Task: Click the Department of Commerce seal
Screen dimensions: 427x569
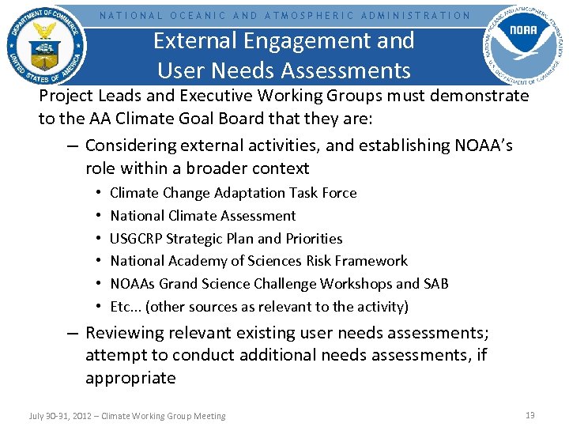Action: [46, 45]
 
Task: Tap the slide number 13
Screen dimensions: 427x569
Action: [530, 415]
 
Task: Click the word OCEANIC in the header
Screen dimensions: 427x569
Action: [198, 15]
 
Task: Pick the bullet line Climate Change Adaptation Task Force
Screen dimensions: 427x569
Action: [233, 193]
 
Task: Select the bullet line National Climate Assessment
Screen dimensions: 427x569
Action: [203, 216]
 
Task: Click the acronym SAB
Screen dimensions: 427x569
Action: [435, 284]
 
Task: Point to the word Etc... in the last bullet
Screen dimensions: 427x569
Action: [125, 307]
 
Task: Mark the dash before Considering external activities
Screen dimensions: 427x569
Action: [73, 146]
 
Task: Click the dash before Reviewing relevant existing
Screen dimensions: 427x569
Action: [73, 334]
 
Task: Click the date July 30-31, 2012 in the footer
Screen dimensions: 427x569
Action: [59, 416]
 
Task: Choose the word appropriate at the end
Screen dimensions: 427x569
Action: [130, 378]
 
